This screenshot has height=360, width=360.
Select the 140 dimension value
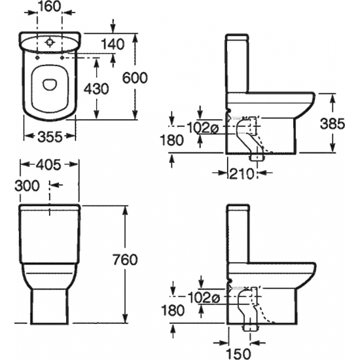[113, 44]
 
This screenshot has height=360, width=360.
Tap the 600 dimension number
[135, 78]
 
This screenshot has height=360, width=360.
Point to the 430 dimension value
[96, 88]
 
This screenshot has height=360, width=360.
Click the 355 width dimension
[50, 137]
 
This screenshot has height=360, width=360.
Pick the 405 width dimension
[49, 165]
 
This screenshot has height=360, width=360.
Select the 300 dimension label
[27, 185]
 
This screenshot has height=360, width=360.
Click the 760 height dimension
[125, 260]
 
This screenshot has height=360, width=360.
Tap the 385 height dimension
[333, 124]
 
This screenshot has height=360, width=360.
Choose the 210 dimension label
[242, 174]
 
